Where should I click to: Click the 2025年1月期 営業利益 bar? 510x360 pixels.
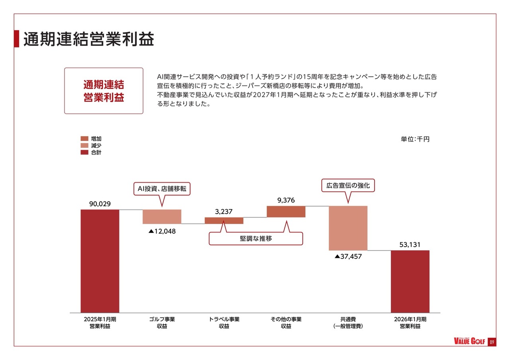[100, 261]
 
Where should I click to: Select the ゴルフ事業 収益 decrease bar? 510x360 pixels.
[162, 217]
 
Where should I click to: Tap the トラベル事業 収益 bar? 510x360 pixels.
[224, 220]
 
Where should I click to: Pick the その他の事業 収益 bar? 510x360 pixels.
[286, 211]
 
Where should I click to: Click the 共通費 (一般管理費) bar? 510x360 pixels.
[348, 228]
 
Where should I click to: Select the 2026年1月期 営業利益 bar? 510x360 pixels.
[410, 281]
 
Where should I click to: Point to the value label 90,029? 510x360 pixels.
[100, 204]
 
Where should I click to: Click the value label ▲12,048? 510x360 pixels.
[162, 231]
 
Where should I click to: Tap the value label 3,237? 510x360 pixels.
[224, 212]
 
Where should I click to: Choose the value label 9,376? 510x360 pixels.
[286, 200]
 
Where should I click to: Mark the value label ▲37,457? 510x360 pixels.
[348, 256]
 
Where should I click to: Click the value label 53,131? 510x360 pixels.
[410, 245]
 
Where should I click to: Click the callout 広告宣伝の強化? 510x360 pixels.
[348, 186]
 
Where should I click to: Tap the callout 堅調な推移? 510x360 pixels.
[256, 239]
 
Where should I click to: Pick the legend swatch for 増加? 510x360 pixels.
[84, 139]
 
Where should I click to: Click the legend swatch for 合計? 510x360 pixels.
[84, 152]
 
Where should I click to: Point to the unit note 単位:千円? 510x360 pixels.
[415, 139]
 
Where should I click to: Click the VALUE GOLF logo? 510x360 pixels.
[470, 342]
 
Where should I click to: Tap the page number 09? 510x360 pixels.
[492, 342]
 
